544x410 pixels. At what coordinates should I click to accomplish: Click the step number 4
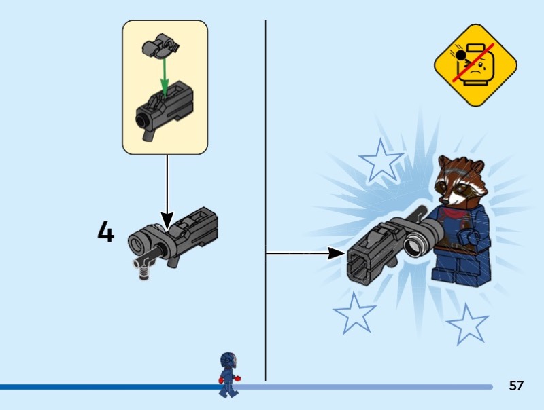coord(106,231)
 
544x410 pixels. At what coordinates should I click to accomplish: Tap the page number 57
coord(516,386)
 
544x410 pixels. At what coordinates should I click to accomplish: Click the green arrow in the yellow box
coord(165,76)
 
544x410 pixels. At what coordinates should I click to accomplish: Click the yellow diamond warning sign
coord(475,64)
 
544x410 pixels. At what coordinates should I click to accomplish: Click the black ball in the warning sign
coord(461,56)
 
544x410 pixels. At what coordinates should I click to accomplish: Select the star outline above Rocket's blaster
coord(381,161)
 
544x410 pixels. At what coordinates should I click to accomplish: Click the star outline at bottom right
coord(467,324)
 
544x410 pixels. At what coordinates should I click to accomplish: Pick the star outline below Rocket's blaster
coord(354,314)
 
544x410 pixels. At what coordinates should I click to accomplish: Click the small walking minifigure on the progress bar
coord(228,374)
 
